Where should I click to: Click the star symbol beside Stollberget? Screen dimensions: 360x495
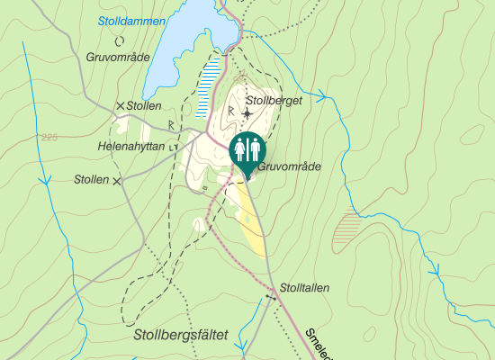[x=247, y=114]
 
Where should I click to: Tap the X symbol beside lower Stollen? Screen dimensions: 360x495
[x=116, y=181]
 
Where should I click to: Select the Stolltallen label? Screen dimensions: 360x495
[x=304, y=288]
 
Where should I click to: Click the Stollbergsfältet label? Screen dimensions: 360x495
[x=180, y=335]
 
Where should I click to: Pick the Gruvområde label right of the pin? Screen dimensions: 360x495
[x=289, y=166]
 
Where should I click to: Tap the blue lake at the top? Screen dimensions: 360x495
[x=184, y=45]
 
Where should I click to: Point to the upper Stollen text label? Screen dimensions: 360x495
[x=143, y=105]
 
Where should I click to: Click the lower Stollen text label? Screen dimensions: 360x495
[x=92, y=180]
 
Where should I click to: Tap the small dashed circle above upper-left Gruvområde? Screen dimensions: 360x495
[x=119, y=40]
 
